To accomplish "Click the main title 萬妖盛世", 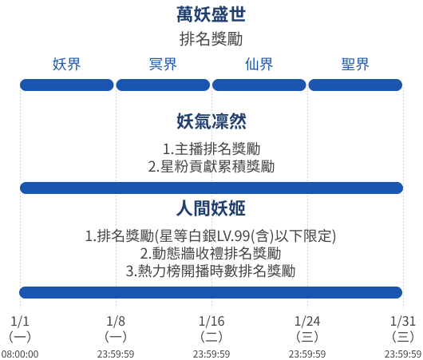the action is pyautogui.click(x=211, y=14).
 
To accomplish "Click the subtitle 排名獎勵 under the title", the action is pyautogui.click(x=211, y=39).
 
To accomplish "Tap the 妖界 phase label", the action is pyautogui.click(x=66, y=64).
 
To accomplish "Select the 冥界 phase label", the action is pyautogui.click(x=163, y=64).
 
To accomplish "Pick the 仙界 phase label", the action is pyautogui.click(x=259, y=64).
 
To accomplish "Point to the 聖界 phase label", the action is pyautogui.click(x=355, y=64).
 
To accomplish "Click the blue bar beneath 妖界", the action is pyautogui.click(x=67, y=85).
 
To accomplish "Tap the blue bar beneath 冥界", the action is pyautogui.click(x=163, y=85).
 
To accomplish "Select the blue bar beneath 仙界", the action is pyautogui.click(x=259, y=85).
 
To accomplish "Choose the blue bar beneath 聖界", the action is pyautogui.click(x=355, y=85).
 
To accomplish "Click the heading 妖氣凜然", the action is pyautogui.click(x=211, y=121).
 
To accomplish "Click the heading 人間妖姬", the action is pyautogui.click(x=211, y=208).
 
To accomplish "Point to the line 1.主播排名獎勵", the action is pyautogui.click(x=211, y=149).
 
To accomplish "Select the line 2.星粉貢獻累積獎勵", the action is pyautogui.click(x=211, y=166).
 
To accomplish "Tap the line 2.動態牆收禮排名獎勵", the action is pyautogui.click(x=211, y=253).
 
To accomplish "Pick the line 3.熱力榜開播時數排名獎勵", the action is pyautogui.click(x=211, y=271).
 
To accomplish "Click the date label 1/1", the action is pyautogui.click(x=20, y=321).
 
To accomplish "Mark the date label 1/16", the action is pyautogui.click(x=211, y=321).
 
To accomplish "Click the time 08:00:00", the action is pyautogui.click(x=20, y=354).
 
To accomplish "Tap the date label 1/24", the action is pyautogui.click(x=307, y=321).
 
